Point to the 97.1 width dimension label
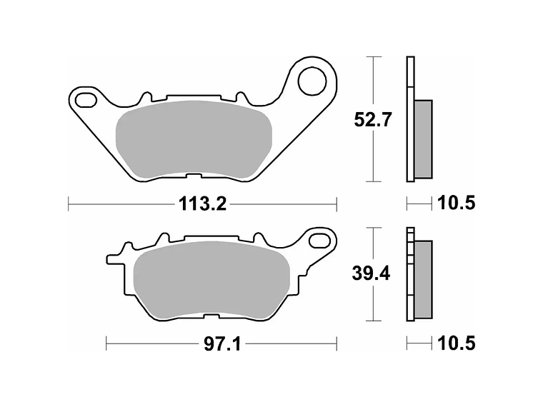(221, 344)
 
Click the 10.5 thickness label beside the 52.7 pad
(456, 204)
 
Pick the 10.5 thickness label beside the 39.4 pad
(456, 344)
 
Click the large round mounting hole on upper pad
(312, 80)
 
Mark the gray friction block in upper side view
(423, 139)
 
